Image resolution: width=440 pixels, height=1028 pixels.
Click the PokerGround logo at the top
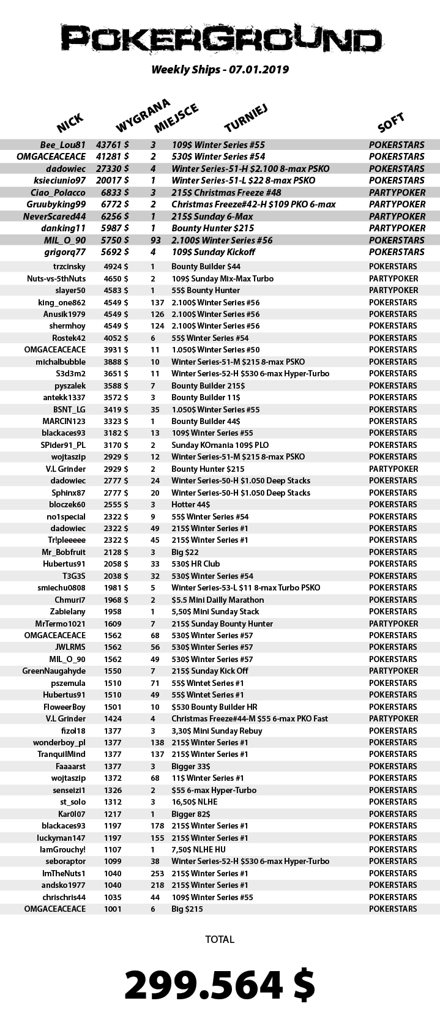220,38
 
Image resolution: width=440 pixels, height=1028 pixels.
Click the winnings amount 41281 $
112,157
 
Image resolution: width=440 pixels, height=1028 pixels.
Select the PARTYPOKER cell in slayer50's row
393,291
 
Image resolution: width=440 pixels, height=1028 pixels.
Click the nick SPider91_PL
63,445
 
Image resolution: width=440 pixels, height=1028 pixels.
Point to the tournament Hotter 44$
190,504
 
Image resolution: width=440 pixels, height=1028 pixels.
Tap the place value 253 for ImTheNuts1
157,873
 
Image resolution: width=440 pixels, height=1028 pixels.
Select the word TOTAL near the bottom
220,939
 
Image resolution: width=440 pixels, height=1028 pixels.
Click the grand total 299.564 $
220,985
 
